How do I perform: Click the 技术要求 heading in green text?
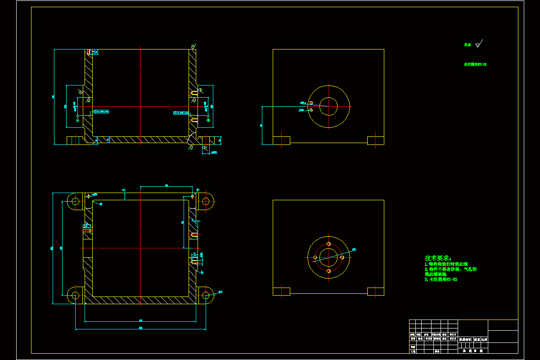click(437, 258)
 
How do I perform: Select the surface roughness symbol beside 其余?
click(478, 44)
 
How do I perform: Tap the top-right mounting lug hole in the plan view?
click(207, 201)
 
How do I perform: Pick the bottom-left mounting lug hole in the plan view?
click(75, 295)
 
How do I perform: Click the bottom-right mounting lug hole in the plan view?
click(207, 295)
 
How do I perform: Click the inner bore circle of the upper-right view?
click(328, 107)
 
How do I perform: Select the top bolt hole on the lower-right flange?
click(328, 244)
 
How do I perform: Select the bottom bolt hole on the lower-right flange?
click(328, 271)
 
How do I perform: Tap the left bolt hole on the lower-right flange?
click(315, 257)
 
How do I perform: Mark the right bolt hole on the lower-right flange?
click(342, 257)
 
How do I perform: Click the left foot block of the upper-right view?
click(282, 140)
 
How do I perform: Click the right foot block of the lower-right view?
click(376, 292)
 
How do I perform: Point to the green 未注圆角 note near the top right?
click(475, 64)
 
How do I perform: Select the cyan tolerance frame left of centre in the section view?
click(101, 111)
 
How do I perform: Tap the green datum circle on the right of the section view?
click(208, 120)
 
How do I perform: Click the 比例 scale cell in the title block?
click(484, 339)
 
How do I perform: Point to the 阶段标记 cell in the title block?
click(465, 339)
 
